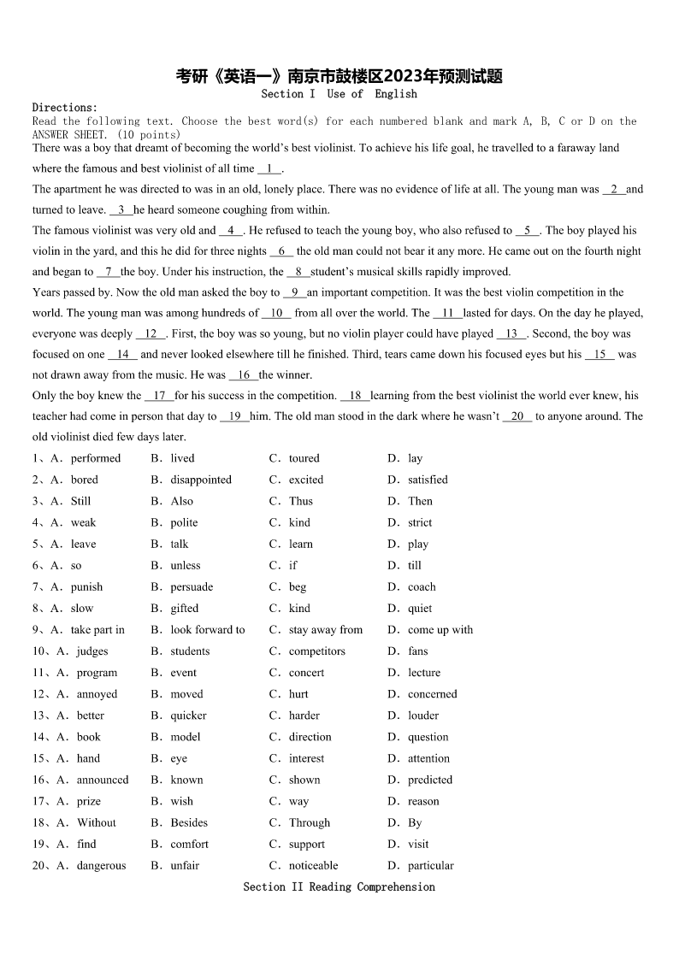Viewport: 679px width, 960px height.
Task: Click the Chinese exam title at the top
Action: (339, 76)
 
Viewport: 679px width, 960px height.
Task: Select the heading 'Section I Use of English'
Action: (339, 94)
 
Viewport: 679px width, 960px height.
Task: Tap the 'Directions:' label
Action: (65, 108)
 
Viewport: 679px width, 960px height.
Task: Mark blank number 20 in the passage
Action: (517, 416)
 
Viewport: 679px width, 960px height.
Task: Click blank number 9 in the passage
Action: (294, 292)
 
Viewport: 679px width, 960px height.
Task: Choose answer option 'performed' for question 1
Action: (96, 458)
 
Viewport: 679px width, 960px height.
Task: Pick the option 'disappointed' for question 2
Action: (201, 480)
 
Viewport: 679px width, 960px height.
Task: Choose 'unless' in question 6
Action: (186, 565)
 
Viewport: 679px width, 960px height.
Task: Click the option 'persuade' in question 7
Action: (192, 587)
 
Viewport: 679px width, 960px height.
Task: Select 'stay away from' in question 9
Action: (326, 630)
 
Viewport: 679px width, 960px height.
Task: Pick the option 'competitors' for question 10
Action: (317, 651)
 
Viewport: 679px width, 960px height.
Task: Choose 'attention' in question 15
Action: (428, 758)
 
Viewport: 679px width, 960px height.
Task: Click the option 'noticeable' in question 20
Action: (314, 865)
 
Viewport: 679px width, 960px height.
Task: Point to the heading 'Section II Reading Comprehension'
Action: (339, 887)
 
